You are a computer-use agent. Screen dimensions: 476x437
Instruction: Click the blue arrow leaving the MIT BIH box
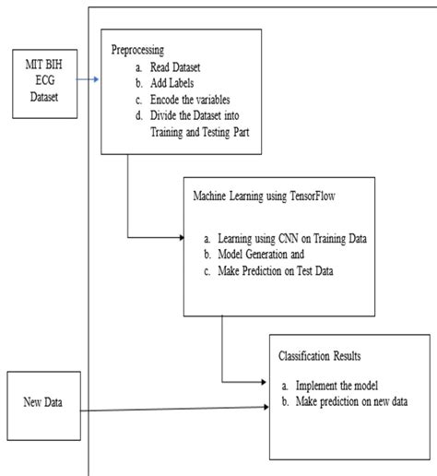tap(88, 80)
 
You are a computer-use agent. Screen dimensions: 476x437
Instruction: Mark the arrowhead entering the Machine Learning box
tap(181, 238)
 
